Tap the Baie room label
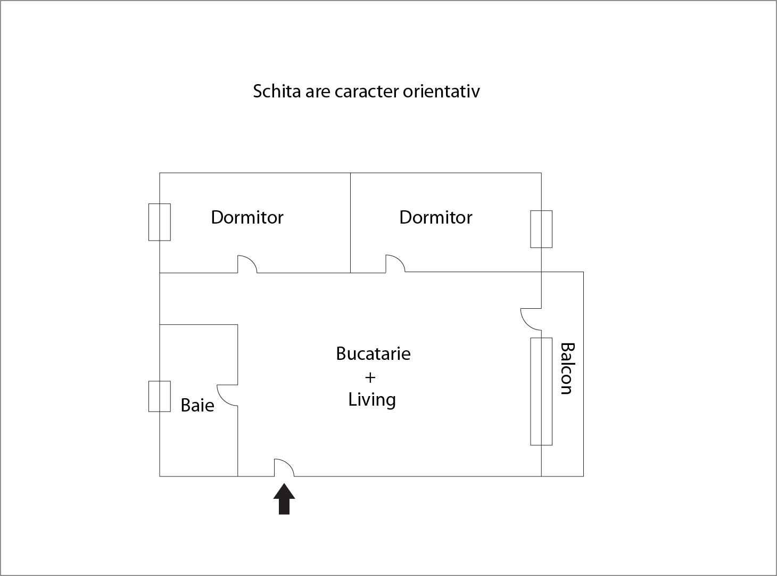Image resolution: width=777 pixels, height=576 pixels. click(x=197, y=406)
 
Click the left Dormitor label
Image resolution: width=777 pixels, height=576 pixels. click(x=247, y=217)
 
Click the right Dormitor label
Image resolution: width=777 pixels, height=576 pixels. click(x=435, y=217)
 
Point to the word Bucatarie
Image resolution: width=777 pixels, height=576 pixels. click(x=373, y=354)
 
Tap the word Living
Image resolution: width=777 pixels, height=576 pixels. click(x=372, y=400)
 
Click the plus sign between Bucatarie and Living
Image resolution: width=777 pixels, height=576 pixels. click(x=370, y=377)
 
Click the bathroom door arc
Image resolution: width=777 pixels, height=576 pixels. click(x=227, y=394)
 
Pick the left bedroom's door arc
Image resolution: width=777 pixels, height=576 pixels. click(x=247, y=264)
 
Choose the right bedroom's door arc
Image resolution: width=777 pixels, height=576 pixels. click(x=395, y=264)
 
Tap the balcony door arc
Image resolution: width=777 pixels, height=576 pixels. click(x=531, y=318)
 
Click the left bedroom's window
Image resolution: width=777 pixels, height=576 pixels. click(x=160, y=222)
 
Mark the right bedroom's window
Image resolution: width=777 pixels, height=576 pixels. click(x=541, y=229)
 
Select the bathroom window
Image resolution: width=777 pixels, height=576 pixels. click(x=160, y=396)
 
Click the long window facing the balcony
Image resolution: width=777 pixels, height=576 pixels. click(x=541, y=391)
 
